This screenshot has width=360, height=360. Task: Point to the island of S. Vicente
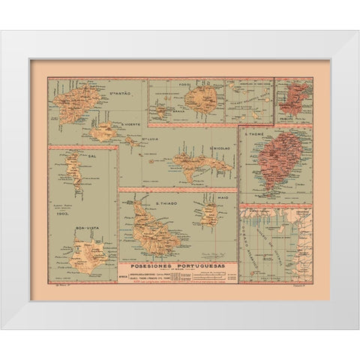[x=103, y=135]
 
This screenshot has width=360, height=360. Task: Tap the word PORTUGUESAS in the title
[x=202, y=265]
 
